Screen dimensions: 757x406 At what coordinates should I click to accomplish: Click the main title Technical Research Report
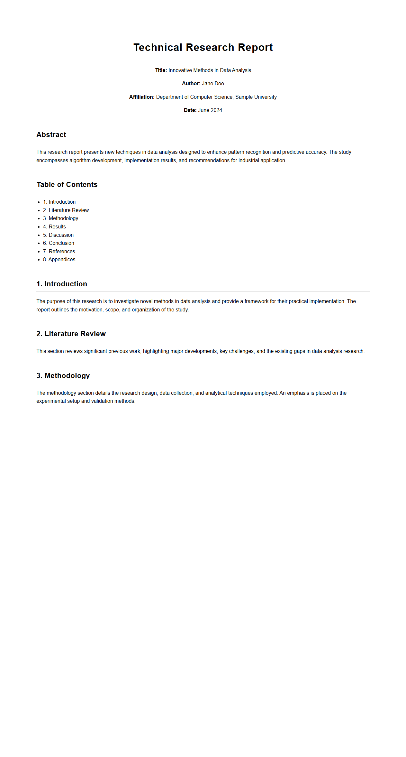(x=203, y=47)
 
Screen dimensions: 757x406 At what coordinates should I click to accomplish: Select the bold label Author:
(x=191, y=84)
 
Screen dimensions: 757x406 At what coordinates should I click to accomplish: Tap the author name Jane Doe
(x=213, y=84)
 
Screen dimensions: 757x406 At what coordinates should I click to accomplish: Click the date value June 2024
(x=210, y=110)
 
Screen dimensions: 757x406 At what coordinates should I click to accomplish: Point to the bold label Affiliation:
(x=142, y=97)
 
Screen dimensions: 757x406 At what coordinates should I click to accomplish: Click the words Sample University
(x=256, y=97)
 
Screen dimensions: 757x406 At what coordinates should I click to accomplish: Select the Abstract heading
(x=51, y=135)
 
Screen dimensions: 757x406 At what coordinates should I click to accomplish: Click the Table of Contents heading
(x=67, y=185)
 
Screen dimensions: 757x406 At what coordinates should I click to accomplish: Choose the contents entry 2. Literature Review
(x=66, y=210)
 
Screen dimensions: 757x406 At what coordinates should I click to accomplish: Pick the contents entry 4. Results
(x=54, y=227)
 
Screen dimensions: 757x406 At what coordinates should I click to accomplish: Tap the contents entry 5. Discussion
(x=58, y=235)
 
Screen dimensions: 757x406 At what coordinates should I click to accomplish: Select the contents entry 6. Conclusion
(x=59, y=243)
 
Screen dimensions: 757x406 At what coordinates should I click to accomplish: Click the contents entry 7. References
(x=59, y=252)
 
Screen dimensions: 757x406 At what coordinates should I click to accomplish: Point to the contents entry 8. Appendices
(x=59, y=260)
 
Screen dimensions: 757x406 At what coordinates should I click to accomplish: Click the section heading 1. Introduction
(x=62, y=284)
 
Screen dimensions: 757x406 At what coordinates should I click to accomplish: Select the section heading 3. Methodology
(x=63, y=376)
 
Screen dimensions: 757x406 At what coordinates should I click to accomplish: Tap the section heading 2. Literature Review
(x=71, y=334)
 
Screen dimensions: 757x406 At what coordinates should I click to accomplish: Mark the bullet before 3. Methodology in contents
(x=39, y=219)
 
